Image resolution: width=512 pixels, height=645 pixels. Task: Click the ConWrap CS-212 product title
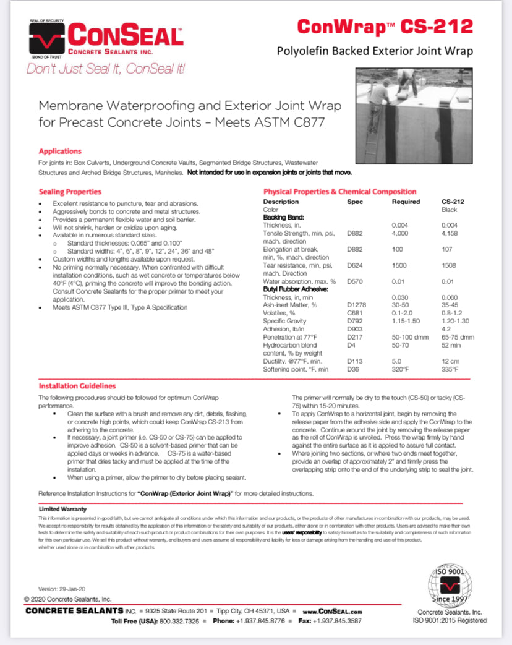coord(385,27)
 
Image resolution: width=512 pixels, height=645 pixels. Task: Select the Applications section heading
coord(60,151)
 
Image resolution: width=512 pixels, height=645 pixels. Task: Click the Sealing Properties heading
coord(70,192)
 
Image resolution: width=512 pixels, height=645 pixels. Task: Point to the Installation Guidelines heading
coord(77,386)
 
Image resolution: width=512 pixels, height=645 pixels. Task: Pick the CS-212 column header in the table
coord(453,202)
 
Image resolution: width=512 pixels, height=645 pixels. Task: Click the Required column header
coord(406,202)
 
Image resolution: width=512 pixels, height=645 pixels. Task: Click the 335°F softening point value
coord(450,369)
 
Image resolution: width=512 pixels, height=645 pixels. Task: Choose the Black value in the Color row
coord(450,210)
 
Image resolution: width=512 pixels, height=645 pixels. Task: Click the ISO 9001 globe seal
coord(450,586)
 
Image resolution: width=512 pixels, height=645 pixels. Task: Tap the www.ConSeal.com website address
coord(332,611)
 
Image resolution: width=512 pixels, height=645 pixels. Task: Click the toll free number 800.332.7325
coord(181,620)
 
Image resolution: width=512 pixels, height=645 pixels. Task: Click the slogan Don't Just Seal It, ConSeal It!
coord(106,69)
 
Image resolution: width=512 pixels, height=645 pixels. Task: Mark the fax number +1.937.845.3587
coord(338,620)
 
